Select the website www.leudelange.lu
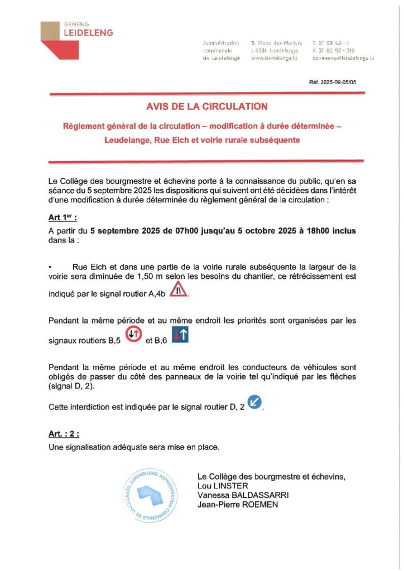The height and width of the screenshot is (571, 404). (277, 58)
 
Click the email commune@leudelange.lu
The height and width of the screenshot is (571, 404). (343, 58)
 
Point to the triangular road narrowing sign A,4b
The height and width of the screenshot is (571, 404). (179, 289)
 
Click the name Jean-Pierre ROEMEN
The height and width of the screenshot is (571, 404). (237, 505)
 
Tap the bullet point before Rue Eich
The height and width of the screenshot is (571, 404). (51, 266)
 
